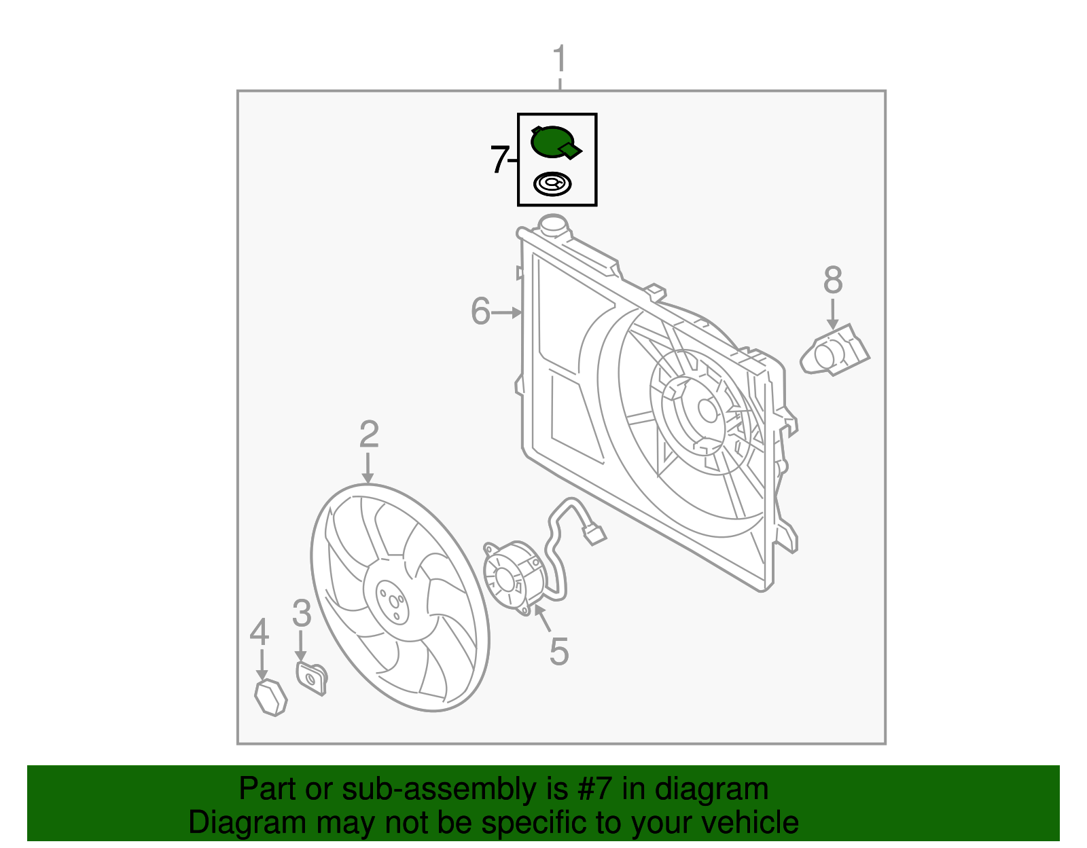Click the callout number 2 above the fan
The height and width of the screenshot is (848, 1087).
tap(368, 434)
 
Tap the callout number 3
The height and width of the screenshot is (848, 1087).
tap(302, 613)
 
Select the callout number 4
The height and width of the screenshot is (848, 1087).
tap(260, 632)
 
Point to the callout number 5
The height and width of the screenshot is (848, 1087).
tap(558, 651)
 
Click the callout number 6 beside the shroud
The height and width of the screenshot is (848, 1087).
tap(480, 312)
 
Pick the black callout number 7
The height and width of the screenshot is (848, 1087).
tap(499, 160)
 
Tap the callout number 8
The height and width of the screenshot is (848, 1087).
tap(833, 280)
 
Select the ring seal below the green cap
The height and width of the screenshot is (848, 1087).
tap(552, 184)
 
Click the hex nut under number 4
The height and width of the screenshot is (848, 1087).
tap(270, 697)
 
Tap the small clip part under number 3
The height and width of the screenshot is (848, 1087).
tap(312, 678)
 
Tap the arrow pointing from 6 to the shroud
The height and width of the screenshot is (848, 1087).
tap(506, 312)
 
